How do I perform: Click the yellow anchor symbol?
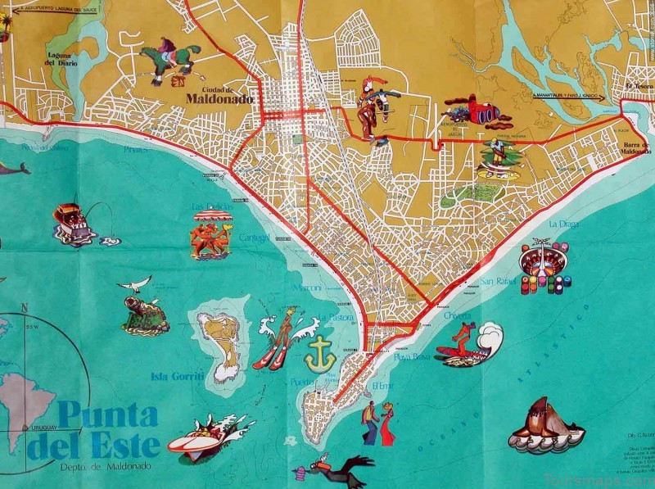[x=320, y=354]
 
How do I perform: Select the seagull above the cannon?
[x=135, y=283]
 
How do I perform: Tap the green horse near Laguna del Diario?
[x=170, y=62]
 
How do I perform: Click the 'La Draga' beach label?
[x=564, y=224]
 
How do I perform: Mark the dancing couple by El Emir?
[x=377, y=423]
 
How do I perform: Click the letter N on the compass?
[x=25, y=308]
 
